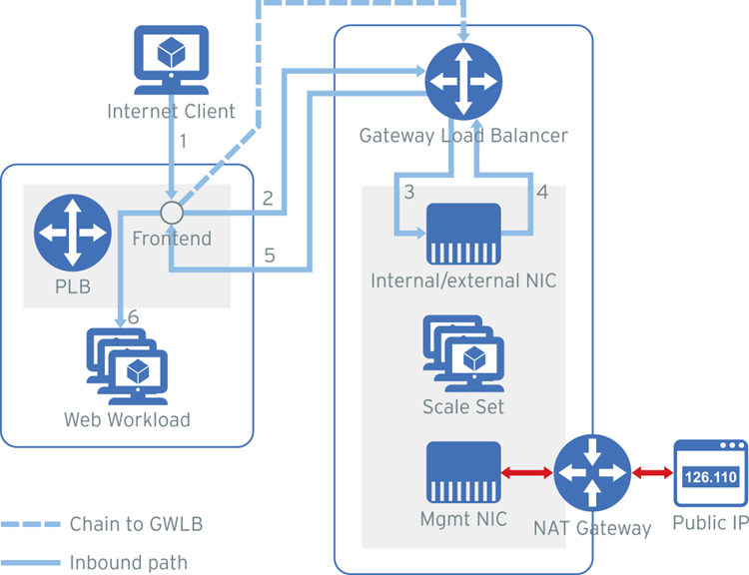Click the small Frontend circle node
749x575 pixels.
tap(172, 212)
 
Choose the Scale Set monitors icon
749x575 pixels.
tap(462, 354)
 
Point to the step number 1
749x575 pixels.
tap(183, 141)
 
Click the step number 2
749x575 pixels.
tap(267, 198)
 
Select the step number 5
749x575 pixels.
tap(270, 256)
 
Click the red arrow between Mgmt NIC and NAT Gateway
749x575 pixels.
tap(527, 473)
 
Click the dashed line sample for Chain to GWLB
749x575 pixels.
tap(29, 524)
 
